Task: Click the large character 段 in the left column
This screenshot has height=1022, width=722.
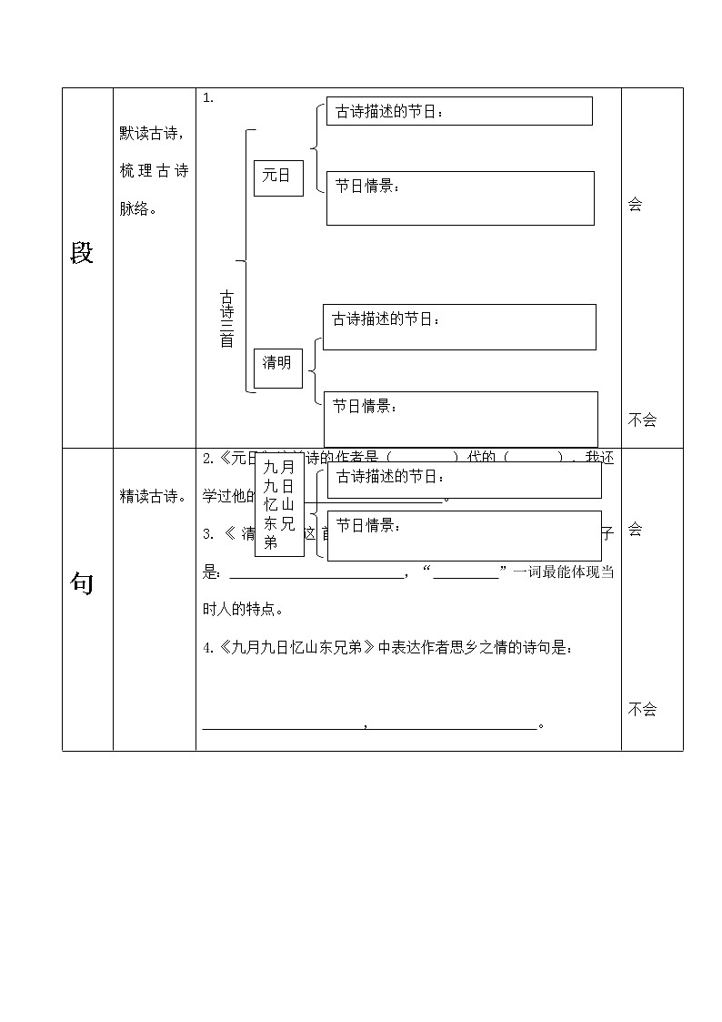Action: coord(82,254)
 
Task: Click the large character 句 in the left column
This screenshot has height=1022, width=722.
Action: coord(82,584)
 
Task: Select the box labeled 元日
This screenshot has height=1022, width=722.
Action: coord(277,176)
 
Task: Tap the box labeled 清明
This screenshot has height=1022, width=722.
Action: coord(277,363)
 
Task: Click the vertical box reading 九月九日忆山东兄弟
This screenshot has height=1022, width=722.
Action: coord(279,505)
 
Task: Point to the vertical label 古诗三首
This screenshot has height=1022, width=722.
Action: coord(226,319)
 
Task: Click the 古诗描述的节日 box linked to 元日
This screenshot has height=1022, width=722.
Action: coord(459,111)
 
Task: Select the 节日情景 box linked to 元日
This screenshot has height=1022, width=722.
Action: coord(460,197)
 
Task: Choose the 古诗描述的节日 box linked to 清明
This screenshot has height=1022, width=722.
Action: coord(459,327)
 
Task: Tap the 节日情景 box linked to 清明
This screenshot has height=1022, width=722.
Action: coord(461,419)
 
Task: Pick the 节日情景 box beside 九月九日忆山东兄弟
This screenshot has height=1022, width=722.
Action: coord(464,535)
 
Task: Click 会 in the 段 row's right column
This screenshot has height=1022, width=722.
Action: coord(635,205)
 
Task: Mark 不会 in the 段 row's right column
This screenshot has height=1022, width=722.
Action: coord(642,420)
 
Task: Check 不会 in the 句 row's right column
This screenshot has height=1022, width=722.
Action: coord(642,709)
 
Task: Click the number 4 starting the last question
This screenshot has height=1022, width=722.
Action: coord(206,648)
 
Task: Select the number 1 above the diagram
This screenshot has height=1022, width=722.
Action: coord(207,98)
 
